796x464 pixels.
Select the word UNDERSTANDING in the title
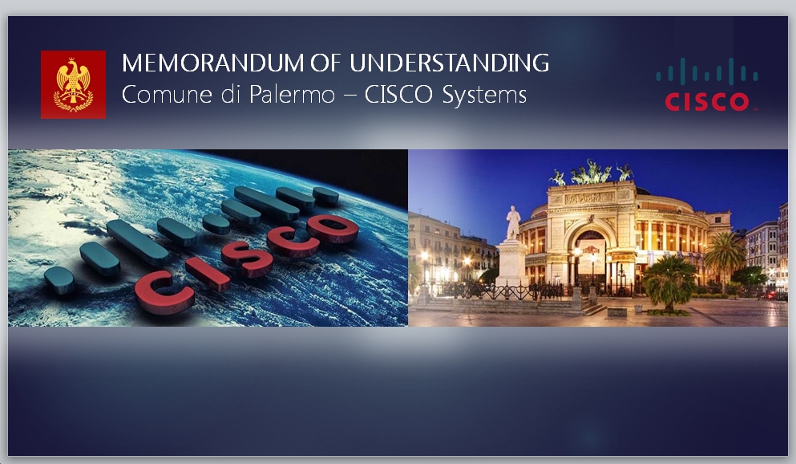coord(449,63)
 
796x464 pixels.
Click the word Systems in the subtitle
coord(484,96)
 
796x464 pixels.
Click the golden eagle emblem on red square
coord(74,84)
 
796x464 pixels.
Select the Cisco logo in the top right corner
coord(707,84)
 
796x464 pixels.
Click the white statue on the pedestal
coord(513,222)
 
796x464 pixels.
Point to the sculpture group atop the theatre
coord(591,173)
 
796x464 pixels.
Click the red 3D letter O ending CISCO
coord(333,228)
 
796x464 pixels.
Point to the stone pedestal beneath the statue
coord(511,263)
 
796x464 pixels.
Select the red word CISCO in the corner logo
coord(707,102)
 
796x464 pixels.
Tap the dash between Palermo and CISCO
coord(350,96)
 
